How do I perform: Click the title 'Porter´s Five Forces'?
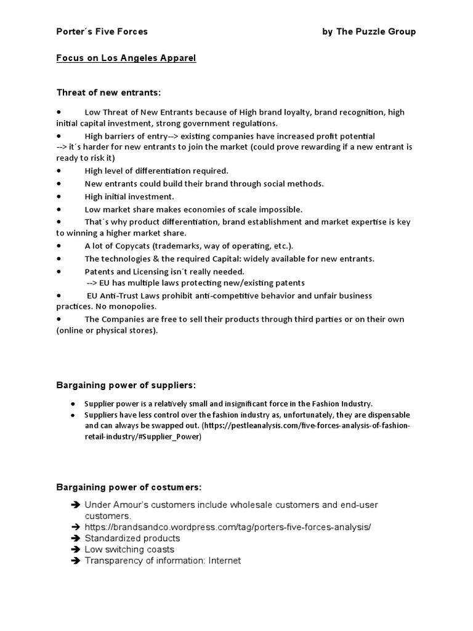(102, 31)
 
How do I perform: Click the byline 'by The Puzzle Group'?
(369, 31)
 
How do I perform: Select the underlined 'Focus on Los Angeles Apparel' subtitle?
(126, 59)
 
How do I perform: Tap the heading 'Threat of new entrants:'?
(108, 92)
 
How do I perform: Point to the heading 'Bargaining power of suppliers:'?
(126, 385)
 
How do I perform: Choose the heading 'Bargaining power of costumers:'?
(129, 487)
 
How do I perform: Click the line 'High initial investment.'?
(129, 197)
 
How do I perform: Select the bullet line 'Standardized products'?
(132, 538)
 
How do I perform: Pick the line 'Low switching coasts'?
(129, 549)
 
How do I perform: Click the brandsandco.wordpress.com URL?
(228, 527)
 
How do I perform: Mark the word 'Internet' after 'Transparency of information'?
(224, 561)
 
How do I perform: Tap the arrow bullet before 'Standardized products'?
(76, 538)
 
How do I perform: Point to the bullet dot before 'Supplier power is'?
(73, 404)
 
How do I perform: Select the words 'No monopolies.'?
(118, 306)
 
